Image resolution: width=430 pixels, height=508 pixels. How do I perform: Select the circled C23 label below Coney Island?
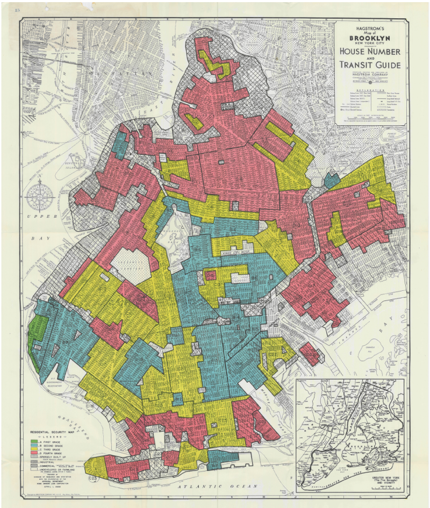tap(92, 478)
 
